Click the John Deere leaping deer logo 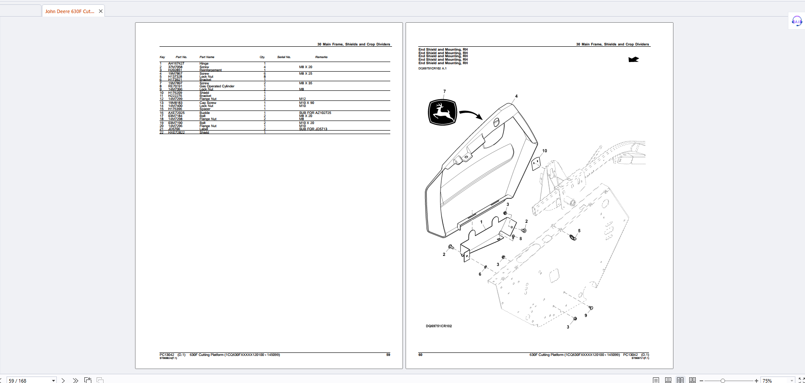pos(442,112)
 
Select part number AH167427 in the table pos(176,64)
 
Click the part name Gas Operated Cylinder pos(217,86)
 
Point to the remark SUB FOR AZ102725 pos(315,113)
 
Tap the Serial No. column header pos(284,57)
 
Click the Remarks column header pos(321,57)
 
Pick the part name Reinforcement pos(211,70)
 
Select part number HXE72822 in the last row pos(176,133)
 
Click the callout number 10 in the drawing pos(545,151)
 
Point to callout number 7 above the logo pos(444,92)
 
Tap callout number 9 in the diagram pos(586,315)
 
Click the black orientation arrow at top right pos(633,59)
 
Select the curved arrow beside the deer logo pos(471,114)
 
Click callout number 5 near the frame pos(579,231)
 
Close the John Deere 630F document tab pos(101,11)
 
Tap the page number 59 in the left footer pos(388,355)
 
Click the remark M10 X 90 pos(306,103)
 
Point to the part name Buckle pos(205,113)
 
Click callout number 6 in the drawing pos(480,274)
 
